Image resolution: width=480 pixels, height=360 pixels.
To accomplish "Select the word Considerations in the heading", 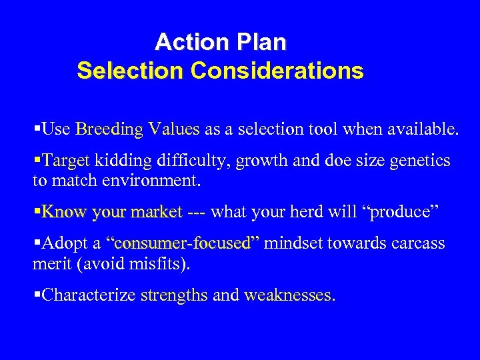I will click(277, 71).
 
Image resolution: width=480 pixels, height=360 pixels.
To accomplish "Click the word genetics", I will click(420, 161).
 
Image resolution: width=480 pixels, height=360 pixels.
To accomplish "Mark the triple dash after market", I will click(196, 212).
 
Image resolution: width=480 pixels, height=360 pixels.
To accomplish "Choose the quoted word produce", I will click(403, 212).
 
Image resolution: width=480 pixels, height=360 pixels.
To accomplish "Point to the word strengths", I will click(175, 295).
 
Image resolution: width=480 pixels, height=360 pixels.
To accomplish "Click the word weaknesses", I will click(288, 295).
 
